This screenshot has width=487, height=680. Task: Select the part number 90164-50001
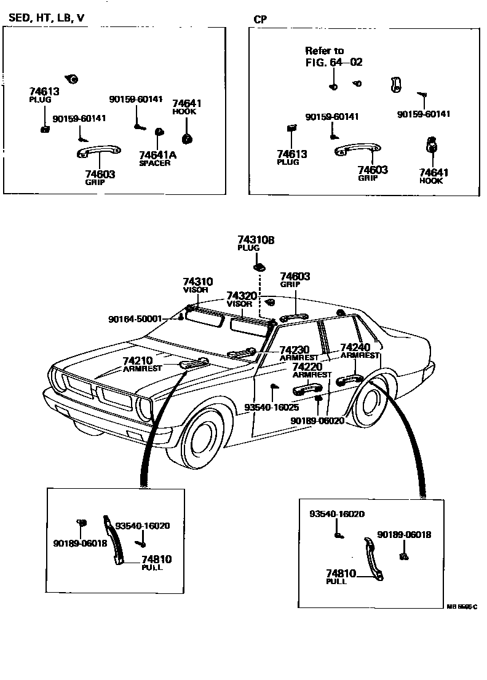[135, 319]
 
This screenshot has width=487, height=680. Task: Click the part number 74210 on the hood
[137, 361]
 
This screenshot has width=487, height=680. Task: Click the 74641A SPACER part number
[157, 155]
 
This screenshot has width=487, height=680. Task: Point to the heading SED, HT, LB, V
[46, 18]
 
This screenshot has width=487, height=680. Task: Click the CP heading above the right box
[260, 19]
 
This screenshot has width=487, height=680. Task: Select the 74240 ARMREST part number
[354, 347]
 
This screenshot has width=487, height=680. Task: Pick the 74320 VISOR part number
[241, 296]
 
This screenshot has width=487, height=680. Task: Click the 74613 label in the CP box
[291, 154]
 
